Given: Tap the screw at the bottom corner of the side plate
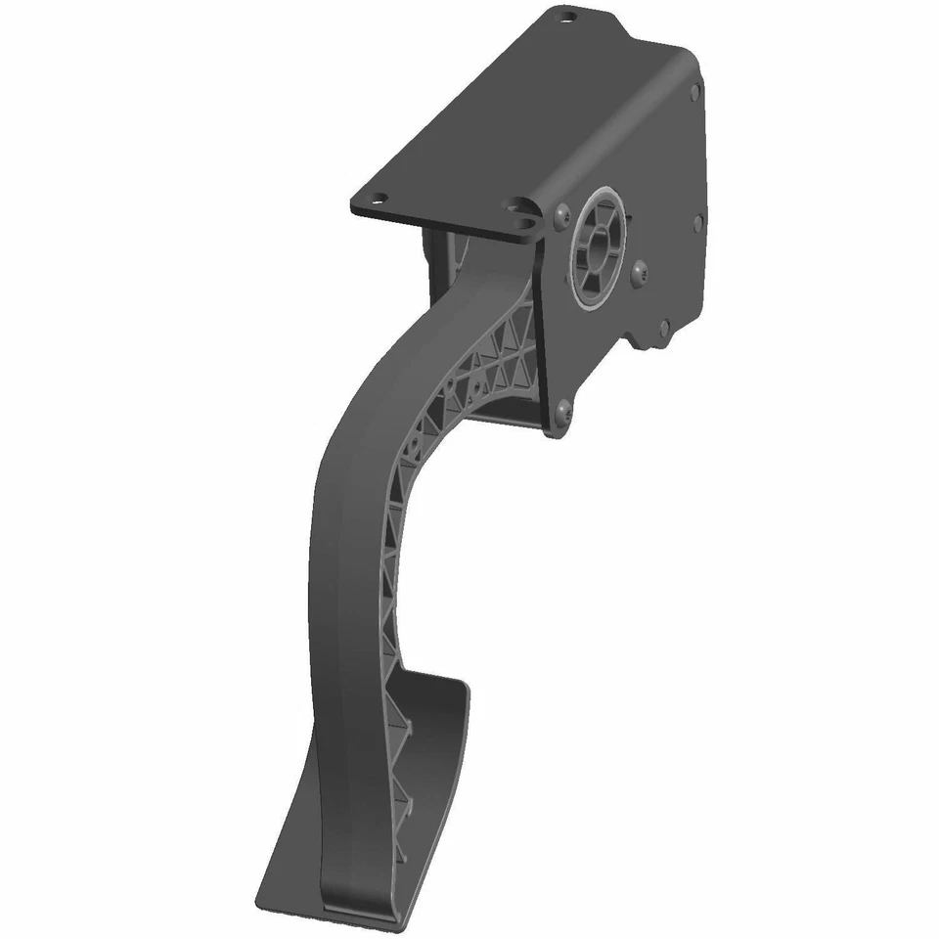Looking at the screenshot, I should (x=563, y=414).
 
